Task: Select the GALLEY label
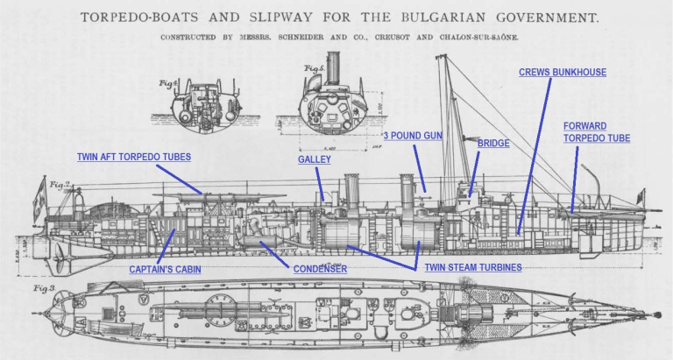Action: [314, 159]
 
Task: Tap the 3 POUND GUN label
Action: [413, 136]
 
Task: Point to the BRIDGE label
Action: [493, 143]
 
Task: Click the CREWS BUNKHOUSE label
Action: [563, 72]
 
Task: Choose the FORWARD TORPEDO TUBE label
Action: [596, 132]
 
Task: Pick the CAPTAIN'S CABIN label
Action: [166, 269]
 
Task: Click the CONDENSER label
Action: [320, 269]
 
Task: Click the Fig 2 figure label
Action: [59, 185]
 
